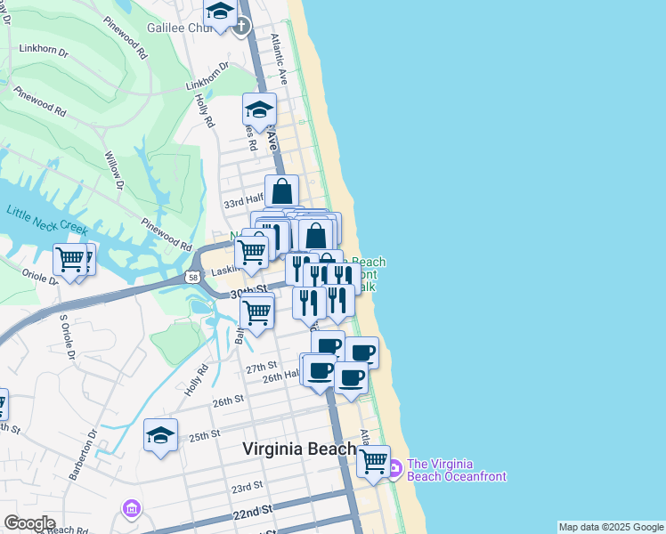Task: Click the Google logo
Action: click(x=29, y=523)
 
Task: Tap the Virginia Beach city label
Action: click(x=300, y=449)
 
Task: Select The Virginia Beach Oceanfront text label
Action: click(x=456, y=470)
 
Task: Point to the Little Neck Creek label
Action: click(x=46, y=221)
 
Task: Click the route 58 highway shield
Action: click(x=193, y=278)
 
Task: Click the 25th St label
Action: click(x=204, y=435)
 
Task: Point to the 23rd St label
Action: click(x=248, y=488)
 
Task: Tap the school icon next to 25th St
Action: click(x=161, y=435)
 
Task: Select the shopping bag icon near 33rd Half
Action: click(x=281, y=190)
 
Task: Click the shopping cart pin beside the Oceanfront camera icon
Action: click(x=373, y=461)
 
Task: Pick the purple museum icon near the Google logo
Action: click(x=131, y=509)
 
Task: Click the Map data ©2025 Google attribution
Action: click(x=610, y=527)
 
